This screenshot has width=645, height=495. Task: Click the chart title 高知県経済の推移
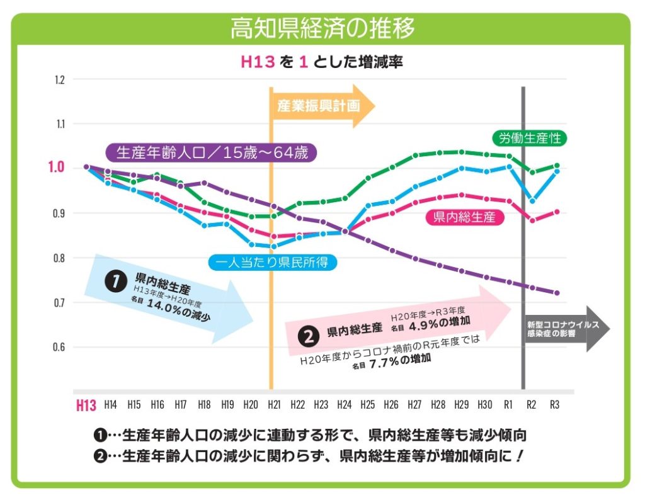pos(322,28)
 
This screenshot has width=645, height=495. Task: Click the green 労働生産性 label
pos(529,139)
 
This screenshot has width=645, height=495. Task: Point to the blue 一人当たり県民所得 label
pos(273,263)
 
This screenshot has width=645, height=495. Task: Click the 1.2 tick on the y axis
pos(60,80)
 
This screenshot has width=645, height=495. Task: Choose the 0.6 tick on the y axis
pos(60,347)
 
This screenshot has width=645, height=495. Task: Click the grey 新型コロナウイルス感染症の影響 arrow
pos(564,329)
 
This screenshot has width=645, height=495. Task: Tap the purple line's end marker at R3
pos(556,292)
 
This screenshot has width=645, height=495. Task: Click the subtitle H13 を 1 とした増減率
pos(322,62)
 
